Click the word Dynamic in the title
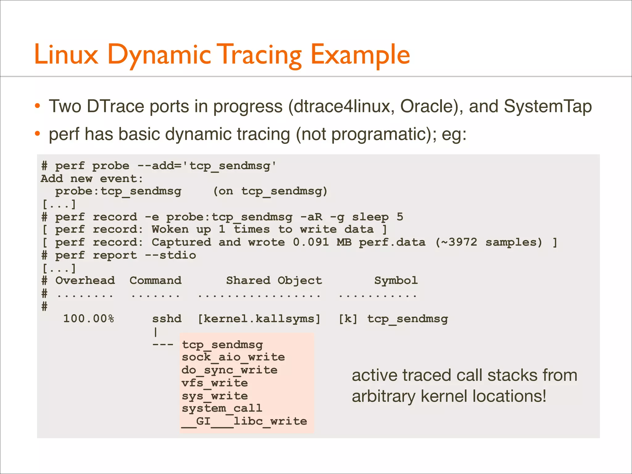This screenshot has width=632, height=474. pos(159,55)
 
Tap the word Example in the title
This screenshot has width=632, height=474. pos(360,55)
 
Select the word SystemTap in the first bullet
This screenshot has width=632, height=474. pos(547,106)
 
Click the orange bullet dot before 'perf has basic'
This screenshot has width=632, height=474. pos(38,134)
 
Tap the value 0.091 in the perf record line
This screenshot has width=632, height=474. pos(311,242)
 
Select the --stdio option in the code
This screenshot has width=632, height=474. pos(170,255)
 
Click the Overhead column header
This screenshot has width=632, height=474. pos(85,281)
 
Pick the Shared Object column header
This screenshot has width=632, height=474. pos(274,281)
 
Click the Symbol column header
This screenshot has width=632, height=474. pos(396,281)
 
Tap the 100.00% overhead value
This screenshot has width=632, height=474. pos(89,319)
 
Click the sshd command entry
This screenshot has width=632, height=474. pos(167,319)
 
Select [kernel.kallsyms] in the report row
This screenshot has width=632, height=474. pos(259,319)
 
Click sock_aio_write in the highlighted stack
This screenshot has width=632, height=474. pos(233,357)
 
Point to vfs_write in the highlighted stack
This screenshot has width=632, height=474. pos(215,383)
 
